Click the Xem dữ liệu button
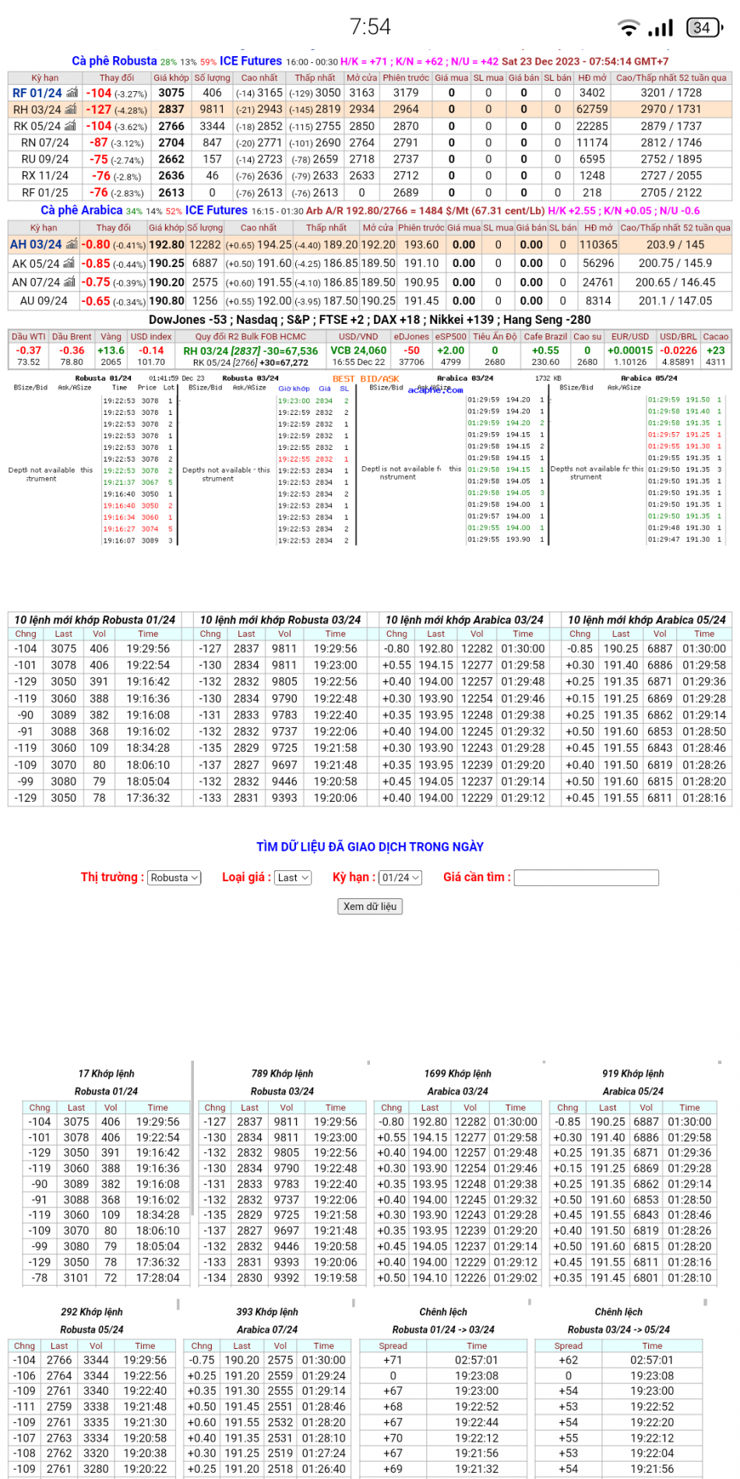coord(370,906)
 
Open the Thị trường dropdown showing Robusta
coord(174,877)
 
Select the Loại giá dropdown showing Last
coord(293,877)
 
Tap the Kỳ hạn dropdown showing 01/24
coord(400,877)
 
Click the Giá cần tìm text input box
coord(587,877)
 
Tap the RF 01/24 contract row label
coord(37,93)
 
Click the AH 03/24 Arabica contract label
coord(36,244)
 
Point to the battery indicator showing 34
coord(703,28)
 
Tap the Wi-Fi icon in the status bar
coord(628,28)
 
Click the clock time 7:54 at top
coord(370,27)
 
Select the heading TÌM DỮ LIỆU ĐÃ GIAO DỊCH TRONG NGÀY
coord(370,847)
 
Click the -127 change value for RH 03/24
coord(99,110)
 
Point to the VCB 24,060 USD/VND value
coord(358,350)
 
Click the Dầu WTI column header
coord(29,336)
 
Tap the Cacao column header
coord(715,336)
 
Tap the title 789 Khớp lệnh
coord(282,1073)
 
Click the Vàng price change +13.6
coord(111,350)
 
